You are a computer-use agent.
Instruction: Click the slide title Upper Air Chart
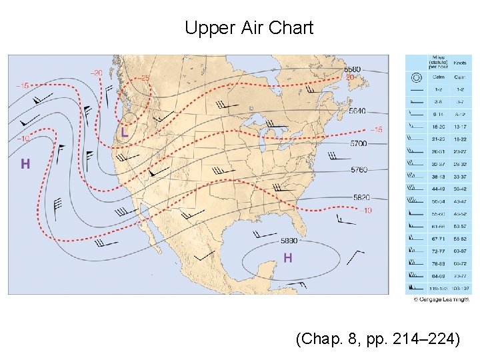pyautogui.click(x=249, y=28)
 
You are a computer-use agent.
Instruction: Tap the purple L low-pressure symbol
pyautogui.click(x=125, y=133)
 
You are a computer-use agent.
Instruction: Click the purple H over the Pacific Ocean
pyautogui.click(x=25, y=163)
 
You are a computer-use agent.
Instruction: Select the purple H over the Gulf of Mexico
pyautogui.click(x=288, y=257)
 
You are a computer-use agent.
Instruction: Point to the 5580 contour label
pyautogui.click(x=353, y=69)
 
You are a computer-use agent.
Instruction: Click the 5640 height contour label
pyautogui.click(x=358, y=111)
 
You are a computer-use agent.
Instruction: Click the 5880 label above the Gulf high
pyautogui.click(x=289, y=241)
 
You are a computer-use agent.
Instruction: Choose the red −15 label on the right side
pyautogui.click(x=375, y=129)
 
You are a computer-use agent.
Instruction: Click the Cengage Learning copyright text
pyautogui.click(x=442, y=299)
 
